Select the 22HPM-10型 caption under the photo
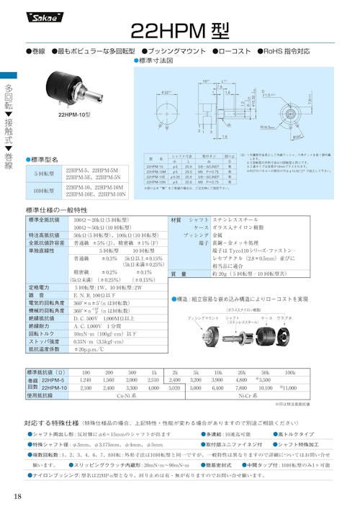[74, 114]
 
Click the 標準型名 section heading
[48, 158]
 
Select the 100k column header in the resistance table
[291, 372]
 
